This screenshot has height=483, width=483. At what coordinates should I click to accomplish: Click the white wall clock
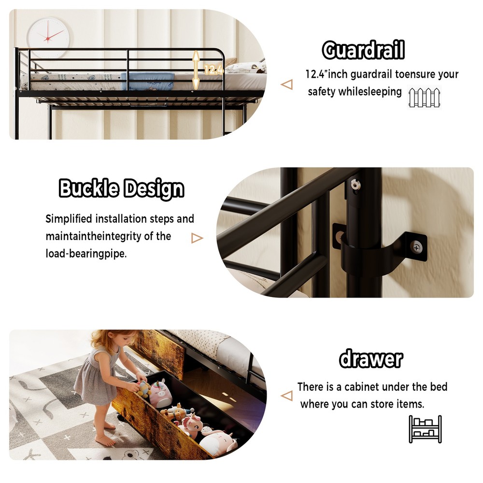tap(47, 35)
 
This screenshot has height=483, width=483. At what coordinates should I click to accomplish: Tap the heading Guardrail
tap(363, 50)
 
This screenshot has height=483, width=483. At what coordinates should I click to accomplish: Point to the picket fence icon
tap(425, 98)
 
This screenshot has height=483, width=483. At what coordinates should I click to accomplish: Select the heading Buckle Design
tap(121, 189)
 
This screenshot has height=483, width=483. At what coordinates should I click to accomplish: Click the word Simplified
tap(69, 219)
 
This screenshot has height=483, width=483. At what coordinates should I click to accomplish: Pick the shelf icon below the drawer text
tap(425, 429)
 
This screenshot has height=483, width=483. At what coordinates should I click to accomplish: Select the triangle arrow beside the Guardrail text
tap(286, 85)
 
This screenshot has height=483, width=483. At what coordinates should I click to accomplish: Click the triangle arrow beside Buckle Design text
tap(197, 238)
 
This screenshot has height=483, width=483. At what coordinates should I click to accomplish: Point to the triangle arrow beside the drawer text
tap(286, 396)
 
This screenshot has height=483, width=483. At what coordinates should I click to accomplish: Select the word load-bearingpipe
tap(86, 254)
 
